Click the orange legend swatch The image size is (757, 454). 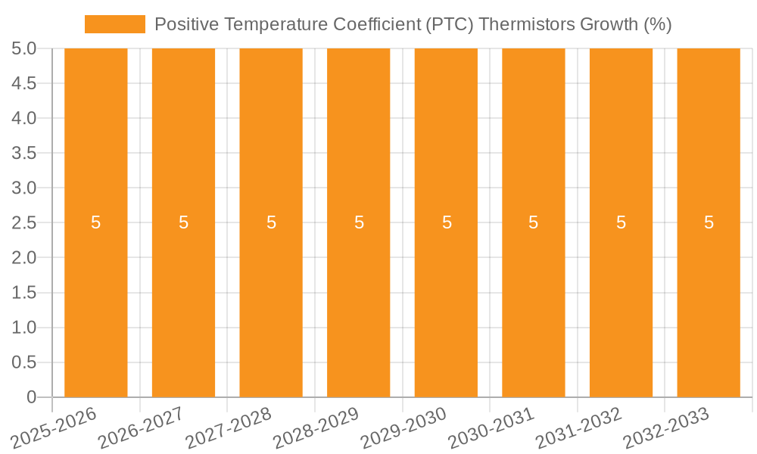(114, 24)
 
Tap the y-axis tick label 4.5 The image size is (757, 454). (24, 83)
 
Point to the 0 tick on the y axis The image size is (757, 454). (31, 397)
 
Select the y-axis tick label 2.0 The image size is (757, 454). (24, 257)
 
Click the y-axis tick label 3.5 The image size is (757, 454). (24, 153)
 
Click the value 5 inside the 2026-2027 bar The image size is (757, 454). (183, 222)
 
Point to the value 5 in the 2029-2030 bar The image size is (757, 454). (447, 222)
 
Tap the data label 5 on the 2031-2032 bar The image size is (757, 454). (621, 222)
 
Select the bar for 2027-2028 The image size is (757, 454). (271, 303)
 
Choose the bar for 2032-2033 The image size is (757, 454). (709, 303)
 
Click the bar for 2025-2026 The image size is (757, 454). (96, 303)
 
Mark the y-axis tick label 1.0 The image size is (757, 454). (24, 328)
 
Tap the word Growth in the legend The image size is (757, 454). (608, 24)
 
